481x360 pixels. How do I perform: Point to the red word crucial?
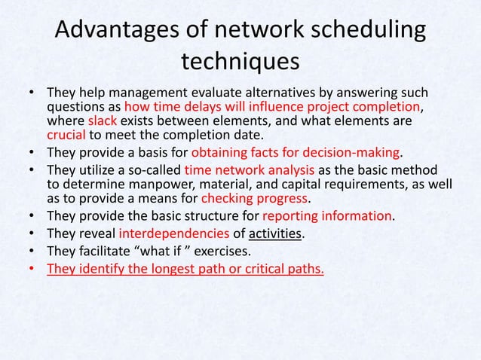click(66, 136)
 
